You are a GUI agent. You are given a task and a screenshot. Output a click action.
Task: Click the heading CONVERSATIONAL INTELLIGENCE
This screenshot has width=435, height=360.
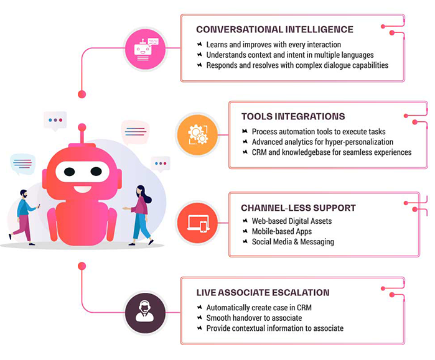pyautogui.click(x=274, y=29)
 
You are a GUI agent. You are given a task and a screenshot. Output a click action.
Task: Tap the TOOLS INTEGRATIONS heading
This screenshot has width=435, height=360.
pyautogui.click(x=293, y=116)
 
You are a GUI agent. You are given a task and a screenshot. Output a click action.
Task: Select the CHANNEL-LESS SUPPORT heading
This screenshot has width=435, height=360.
pyautogui.click(x=298, y=208)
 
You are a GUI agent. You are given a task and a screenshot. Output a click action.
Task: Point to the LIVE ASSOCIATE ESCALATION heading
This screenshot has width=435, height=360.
pyautogui.click(x=263, y=293)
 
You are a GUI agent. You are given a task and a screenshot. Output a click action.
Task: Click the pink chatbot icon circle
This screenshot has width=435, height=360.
pyautogui.click(x=145, y=49)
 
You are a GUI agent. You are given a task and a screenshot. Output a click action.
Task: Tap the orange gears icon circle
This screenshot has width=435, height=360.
pyautogui.click(x=197, y=135)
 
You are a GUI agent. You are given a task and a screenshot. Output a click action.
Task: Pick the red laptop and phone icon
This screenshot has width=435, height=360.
pyautogui.click(x=197, y=223)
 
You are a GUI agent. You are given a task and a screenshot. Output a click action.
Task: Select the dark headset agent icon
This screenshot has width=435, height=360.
pyautogui.click(x=145, y=313)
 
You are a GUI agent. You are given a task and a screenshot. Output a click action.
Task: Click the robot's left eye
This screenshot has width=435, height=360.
pyautogui.click(x=69, y=172)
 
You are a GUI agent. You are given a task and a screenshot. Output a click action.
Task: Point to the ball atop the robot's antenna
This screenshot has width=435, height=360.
pyautogui.click(x=82, y=127)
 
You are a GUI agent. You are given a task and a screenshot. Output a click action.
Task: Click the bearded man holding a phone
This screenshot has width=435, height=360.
pyautogui.click(x=24, y=218)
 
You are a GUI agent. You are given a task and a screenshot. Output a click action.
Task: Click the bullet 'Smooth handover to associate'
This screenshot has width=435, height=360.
pyautogui.click(x=254, y=318)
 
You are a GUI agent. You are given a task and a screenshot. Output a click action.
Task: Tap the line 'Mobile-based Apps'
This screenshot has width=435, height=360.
pyautogui.click(x=281, y=231)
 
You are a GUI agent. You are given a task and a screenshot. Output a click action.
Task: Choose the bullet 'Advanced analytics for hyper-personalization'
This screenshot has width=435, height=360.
pyautogui.click(x=322, y=142)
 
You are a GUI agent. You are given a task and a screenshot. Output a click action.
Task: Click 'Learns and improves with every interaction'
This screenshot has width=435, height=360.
pyautogui.click(x=274, y=45)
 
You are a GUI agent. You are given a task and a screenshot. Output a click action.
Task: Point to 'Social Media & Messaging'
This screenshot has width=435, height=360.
pyautogui.click(x=292, y=242)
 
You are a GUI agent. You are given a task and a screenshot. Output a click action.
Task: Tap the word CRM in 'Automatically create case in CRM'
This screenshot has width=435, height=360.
pyautogui.click(x=304, y=308)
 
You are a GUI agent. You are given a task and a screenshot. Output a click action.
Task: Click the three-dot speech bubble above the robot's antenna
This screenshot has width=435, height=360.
pyautogui.click(x=55, y=121)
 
